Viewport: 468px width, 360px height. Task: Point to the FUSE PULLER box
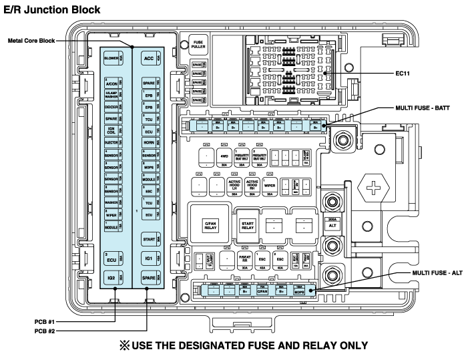coord(198,44)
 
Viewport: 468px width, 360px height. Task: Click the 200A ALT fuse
coord(332,224)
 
